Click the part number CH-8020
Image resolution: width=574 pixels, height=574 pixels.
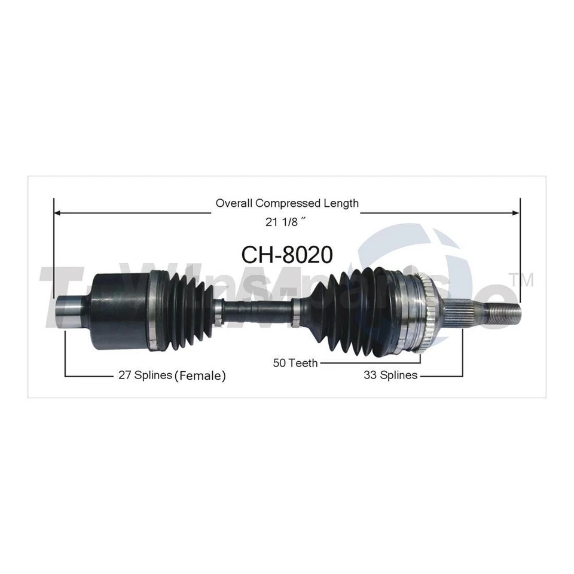tap(287, 255)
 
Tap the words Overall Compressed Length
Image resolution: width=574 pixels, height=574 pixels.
tap(287, 203)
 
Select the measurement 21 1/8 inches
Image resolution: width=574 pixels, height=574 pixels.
tap(286, 221)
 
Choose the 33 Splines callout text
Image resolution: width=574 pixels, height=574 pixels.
tap(390, 375)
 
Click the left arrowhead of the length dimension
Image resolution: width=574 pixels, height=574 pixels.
tap(58, 212)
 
